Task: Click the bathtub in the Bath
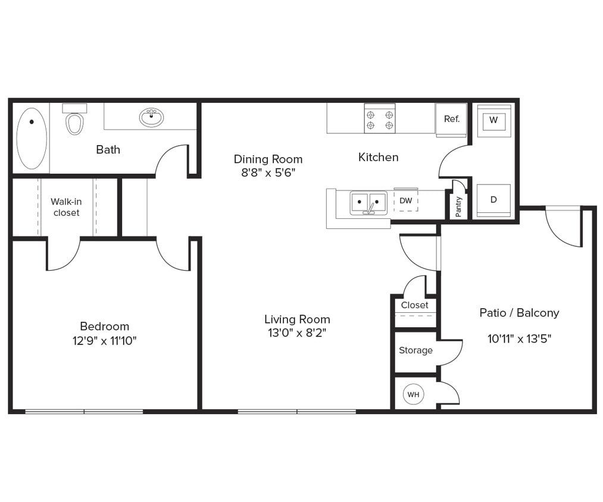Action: pos(31,138)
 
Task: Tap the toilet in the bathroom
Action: pos(74,123)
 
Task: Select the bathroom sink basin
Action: pos(151,117)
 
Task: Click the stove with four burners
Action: pos(380,118)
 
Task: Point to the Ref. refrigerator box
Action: pos(451,119)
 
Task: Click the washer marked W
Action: pos(493,121)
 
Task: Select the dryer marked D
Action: pos(493,200)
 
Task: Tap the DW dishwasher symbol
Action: pos(405,201)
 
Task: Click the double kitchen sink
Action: pos(368,203)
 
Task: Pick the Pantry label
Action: pos(458,206)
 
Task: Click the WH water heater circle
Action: pos(413,394)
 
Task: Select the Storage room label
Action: pos(415,350)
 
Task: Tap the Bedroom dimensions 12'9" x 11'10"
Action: pos(105,341)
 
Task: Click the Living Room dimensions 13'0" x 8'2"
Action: pos(297,333)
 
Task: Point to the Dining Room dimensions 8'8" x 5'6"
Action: pos(268,173)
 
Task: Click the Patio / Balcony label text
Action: pos(519,313)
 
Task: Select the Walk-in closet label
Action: pos(66,207)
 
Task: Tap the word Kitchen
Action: pos(378,157)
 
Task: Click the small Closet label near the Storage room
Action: pos(414,305)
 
